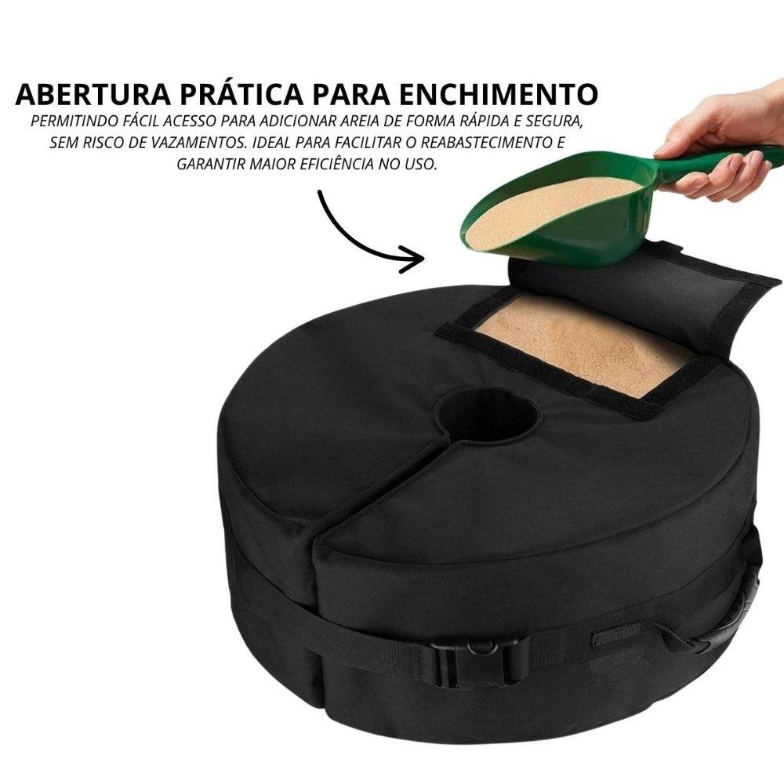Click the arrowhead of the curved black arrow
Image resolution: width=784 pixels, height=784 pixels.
(x=414, y=259)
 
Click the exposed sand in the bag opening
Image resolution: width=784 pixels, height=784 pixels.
(x=583, y=343)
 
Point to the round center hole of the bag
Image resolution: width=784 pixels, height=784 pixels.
(x=487, y=414)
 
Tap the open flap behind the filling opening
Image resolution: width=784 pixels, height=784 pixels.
(x=645, y=295)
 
